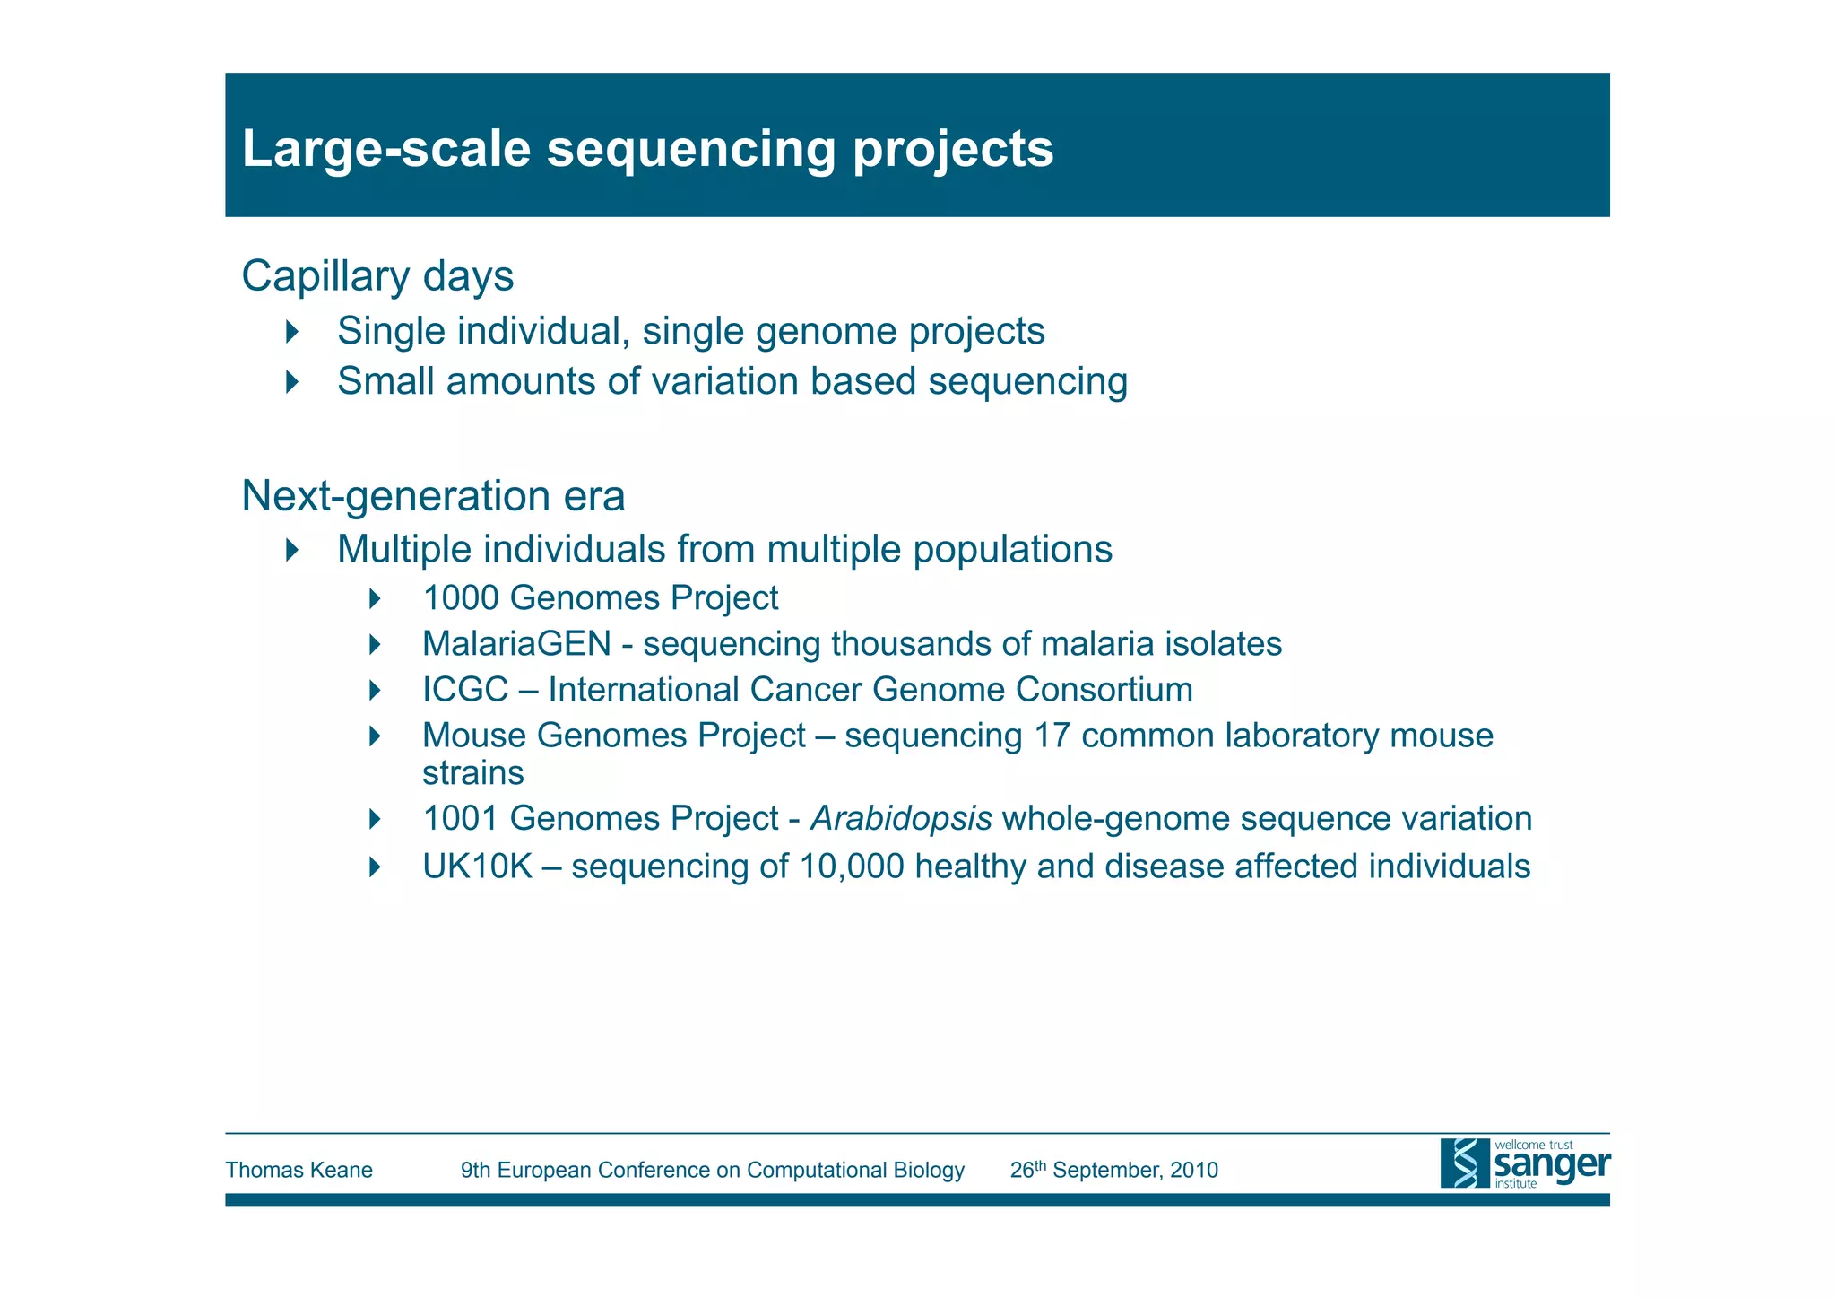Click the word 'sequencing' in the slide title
(x=690, y=150)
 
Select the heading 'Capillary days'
(x=377, y=275)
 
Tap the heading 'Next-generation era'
(x=433, y=496)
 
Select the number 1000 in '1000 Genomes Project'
(x=460, y=598)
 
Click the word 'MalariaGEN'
(x=516, y=644)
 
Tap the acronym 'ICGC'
(x=465, y=690)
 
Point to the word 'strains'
(x=472, y=772)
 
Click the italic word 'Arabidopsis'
(x=900, y=819)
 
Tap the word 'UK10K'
(x=477, y=867)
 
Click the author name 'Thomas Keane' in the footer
(x=299, y=1170)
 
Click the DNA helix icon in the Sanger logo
(x=1465, y=1163)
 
